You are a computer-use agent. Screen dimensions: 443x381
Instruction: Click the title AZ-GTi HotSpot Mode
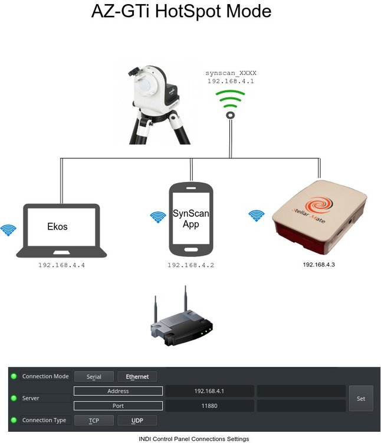point(181,11)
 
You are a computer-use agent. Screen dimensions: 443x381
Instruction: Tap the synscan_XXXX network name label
point(231,73)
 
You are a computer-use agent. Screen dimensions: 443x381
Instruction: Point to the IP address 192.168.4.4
point(61,265)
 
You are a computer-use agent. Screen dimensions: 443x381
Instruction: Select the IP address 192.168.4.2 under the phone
point(190,265)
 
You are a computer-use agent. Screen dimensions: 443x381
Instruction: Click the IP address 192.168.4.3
point(318,265)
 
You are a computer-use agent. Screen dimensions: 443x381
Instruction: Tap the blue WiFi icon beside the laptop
point(8,230)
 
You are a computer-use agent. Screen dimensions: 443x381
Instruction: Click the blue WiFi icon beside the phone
point(157,217)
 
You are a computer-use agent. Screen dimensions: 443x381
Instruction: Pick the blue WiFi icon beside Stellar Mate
point(256,216)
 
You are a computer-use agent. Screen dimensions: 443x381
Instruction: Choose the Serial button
point(94,376)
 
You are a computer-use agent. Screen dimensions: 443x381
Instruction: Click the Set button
point(361,399)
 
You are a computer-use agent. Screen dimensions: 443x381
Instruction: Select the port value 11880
point(209,406)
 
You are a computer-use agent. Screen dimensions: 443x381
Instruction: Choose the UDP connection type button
point(137,421)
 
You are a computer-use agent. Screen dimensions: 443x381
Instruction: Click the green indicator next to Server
point(14,398)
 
